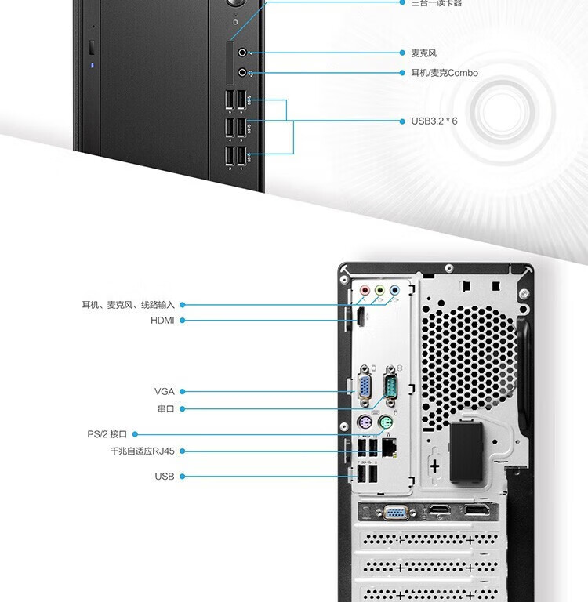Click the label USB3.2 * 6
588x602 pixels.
click(x=434, y=121)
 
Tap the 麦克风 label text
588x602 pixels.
click(x=423, y=53)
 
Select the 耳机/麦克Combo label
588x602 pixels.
click(x=444, y=73)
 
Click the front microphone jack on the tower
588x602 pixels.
click(x=242, y=53)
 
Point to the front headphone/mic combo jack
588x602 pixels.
click(x=242, y=73)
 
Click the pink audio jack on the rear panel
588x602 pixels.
click(x=365, y=290)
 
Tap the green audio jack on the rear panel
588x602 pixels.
click(x=379, y=290)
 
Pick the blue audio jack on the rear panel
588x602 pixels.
click(x=394, y=290)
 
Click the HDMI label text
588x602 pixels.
click(x=162, y=321)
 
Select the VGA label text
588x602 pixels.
click(x=165, y=391)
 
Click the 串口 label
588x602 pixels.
click(x=165, y=409)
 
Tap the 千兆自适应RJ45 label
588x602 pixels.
click(x=142, y=451)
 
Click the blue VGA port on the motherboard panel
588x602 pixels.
click(x=365, y=386)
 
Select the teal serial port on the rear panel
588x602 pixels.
click(x=390, y=386)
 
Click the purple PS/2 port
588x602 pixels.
click(x=365, y=424)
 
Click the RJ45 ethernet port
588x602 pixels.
click(x=389, y=448)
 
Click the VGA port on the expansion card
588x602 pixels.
click(x=394, y=513)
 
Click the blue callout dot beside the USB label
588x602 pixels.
click(x=183, y=477)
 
